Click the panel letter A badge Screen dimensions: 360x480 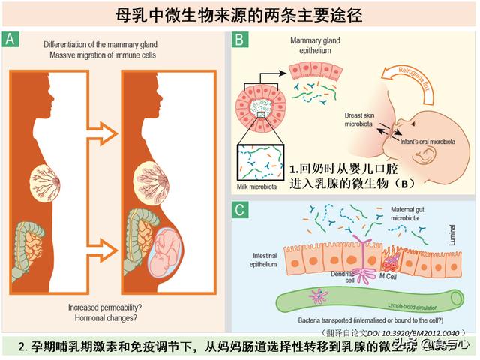[11, 39]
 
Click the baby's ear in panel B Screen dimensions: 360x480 [426, 154]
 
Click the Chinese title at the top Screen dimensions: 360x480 [240, 14]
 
